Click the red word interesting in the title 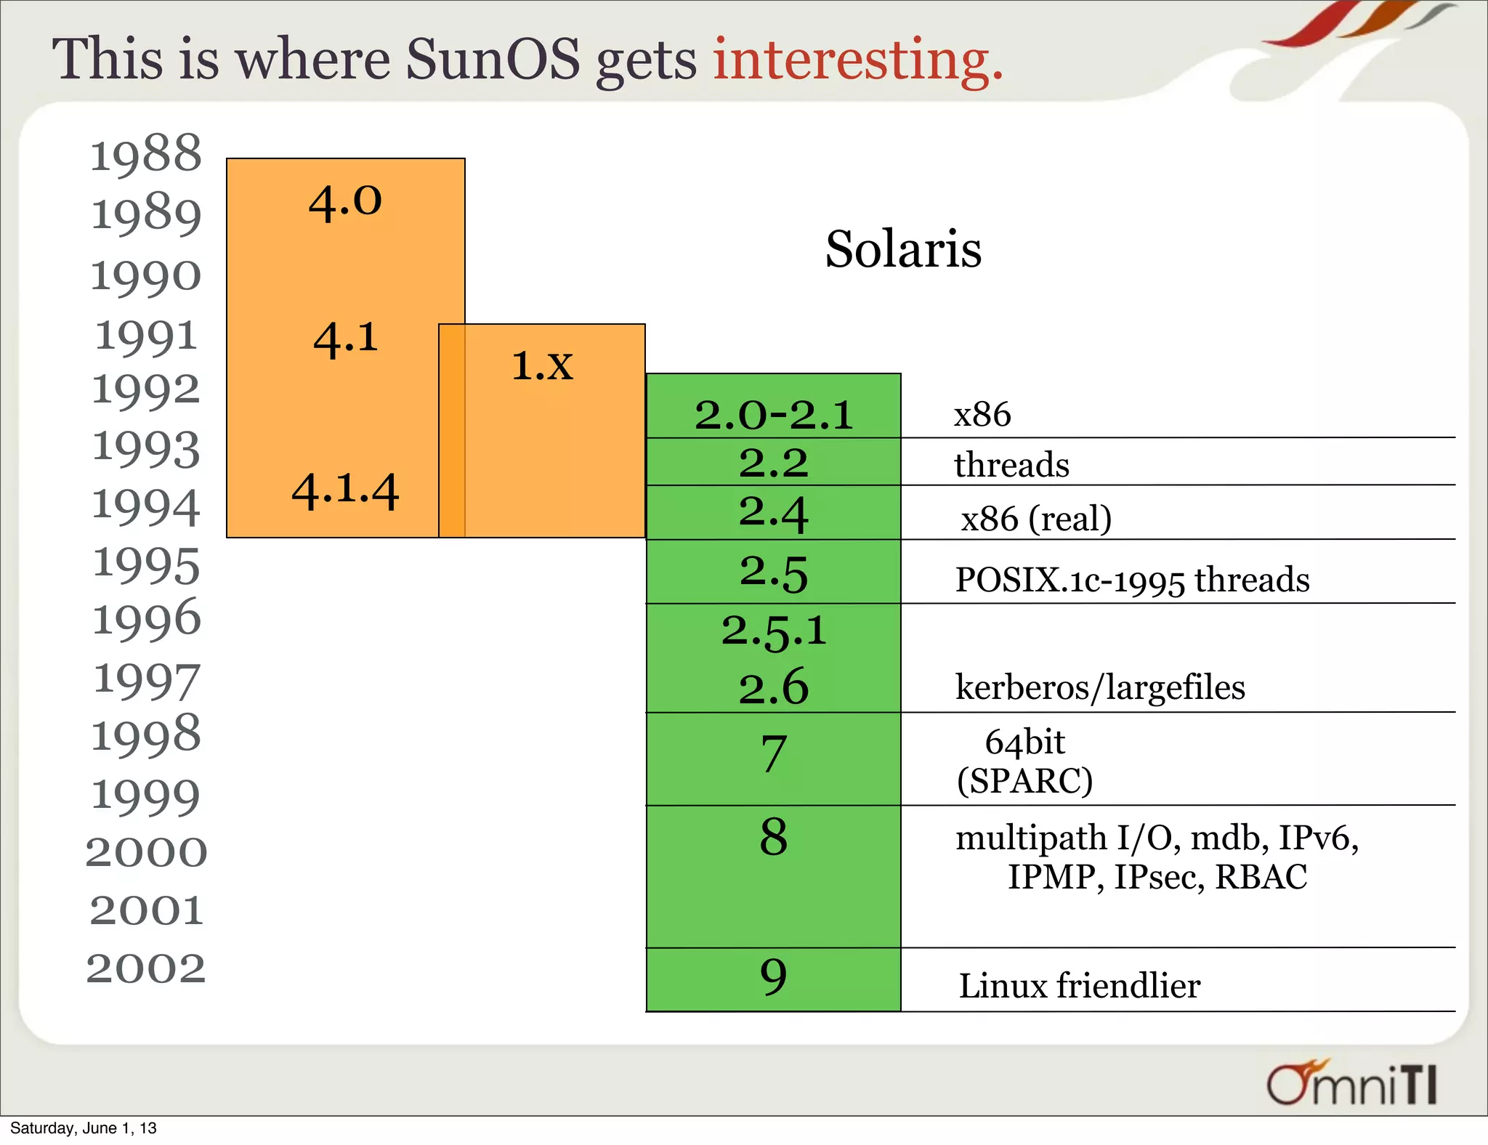coord(857,60)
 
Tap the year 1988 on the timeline coord(145,154)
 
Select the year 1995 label coord(146,565)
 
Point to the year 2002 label coord(146,968)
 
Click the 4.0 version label coord(345,201)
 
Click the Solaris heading coord(903,249)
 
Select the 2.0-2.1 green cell coord(773,414)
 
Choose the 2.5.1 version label coord(773,630)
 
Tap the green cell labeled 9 coord(773,977)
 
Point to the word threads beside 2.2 coord(1011,465)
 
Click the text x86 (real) coord(1036,519)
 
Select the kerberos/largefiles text coord(1099,687)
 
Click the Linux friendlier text coord(1079,986)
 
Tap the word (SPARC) coord(1024,781)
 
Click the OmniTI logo coord(1351,1083)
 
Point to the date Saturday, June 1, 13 coord(83,1128)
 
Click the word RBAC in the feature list coord(1261,877)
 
